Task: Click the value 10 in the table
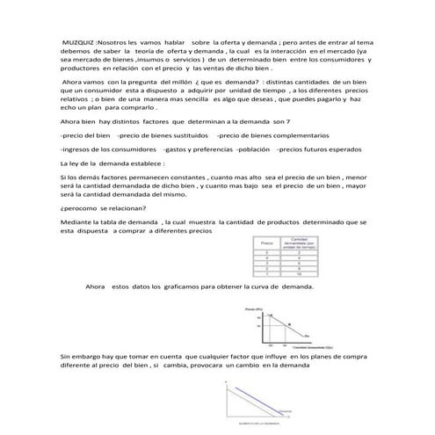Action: pyautogui.click(x=299, y=273)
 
